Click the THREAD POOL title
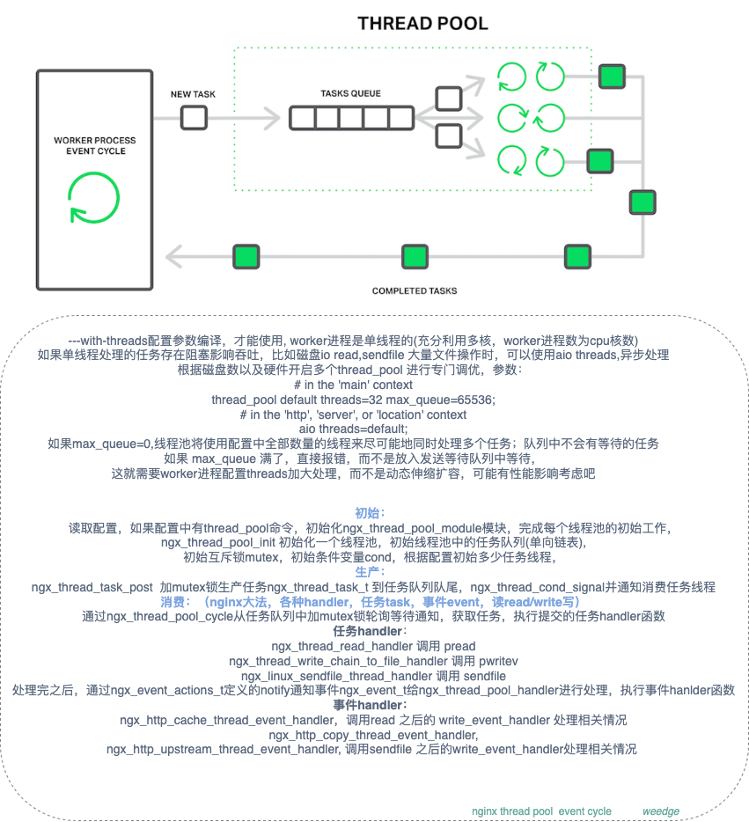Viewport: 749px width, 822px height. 422,23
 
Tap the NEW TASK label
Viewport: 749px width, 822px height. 193,94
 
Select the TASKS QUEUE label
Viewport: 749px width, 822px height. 351,92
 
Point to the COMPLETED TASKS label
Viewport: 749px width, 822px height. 415,290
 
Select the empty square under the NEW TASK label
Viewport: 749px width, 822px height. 194,117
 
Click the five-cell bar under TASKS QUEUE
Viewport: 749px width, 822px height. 351,117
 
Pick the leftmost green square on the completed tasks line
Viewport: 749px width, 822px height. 246,257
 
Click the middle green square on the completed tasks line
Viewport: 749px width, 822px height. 415,257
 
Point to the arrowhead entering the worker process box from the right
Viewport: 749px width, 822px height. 173,257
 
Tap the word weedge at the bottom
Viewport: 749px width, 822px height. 660,811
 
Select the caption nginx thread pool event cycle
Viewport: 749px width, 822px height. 541,811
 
